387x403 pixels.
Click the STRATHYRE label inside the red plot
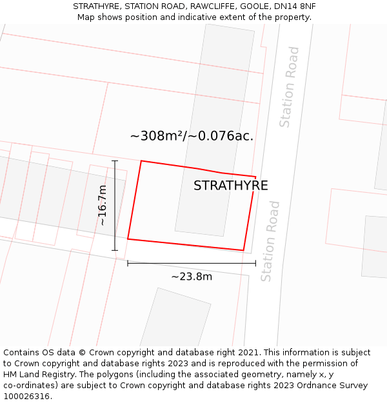click(x=230, y=186)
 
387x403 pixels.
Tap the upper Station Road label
click(x=290, y=87)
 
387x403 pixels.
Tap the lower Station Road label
click(x=271, y=241)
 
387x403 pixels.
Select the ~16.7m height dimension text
click(x=103, y=205)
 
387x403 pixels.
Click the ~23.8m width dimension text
click(x=192, y=277)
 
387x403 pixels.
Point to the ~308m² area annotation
click(x=192, y=136)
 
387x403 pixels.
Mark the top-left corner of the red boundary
click(x=141, y=161)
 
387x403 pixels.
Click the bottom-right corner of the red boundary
click(x=243, y=250)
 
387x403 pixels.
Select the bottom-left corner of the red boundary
click(x=128, y=239)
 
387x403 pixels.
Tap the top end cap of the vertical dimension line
click(x=115, y=161)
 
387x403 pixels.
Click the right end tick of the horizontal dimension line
click(x=255, y=263)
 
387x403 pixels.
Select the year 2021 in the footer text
click(x=248, y=353)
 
